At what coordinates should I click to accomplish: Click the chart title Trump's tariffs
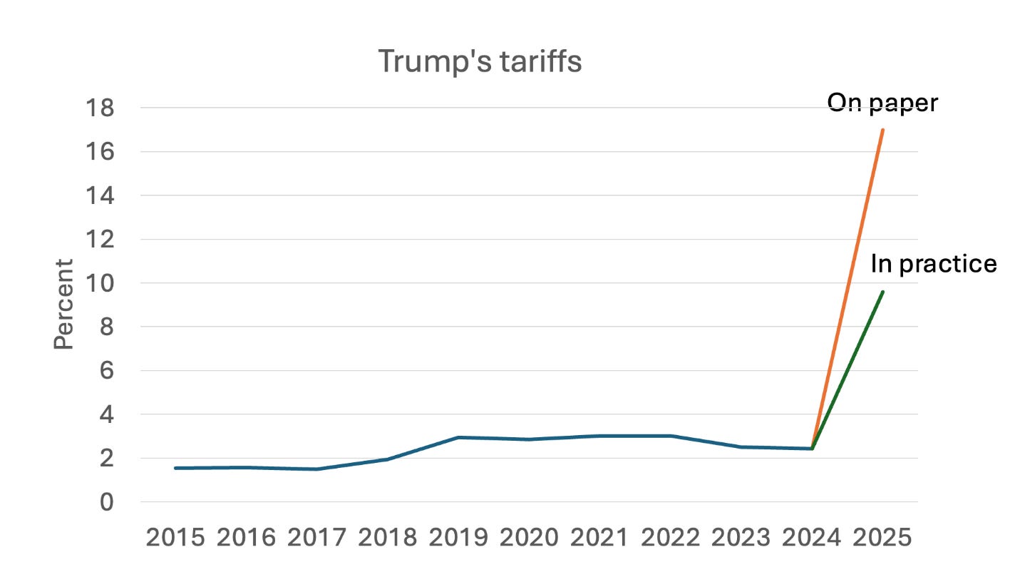click(x=480, y=61)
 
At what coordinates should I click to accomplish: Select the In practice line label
click(x=933, y=264)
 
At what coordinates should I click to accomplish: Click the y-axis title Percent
click(x=64, y=304)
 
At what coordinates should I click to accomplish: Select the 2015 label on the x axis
click(x=175, y=538)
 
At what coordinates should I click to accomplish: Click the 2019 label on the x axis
click(x=458, y=538)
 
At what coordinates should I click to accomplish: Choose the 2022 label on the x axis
click(x=671, y=538)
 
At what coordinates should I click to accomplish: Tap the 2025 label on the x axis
click(x=882, y=538)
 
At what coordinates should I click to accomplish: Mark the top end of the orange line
click(x=883, y=130)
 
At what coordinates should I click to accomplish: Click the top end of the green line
click(x=883, y=292)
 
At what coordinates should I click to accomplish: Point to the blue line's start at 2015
click(x=175, y=468)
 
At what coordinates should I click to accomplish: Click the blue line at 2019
click(x=458, y=437)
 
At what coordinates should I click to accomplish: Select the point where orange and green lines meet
click(x=812, y=449)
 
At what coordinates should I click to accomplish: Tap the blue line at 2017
click(x=316, y=469)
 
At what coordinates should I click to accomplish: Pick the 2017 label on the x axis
click(x=316, y=538)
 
